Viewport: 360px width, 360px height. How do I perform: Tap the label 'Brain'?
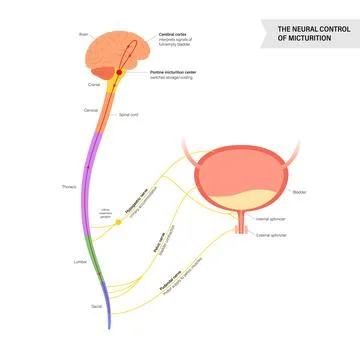click(84, 34)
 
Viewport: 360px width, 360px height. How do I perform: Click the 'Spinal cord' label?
click(128, 115)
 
